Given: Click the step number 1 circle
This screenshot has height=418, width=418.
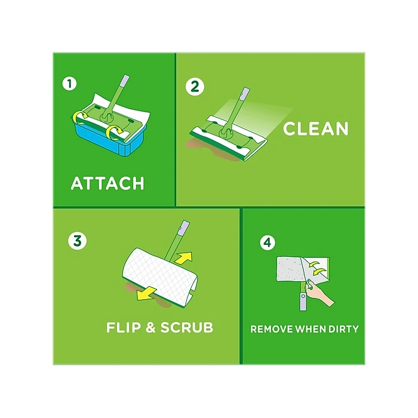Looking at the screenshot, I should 71,84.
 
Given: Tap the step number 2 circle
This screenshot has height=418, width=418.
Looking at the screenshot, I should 193,85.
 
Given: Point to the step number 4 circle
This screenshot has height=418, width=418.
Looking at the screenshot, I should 267,242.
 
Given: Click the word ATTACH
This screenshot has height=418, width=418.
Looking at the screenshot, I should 107,183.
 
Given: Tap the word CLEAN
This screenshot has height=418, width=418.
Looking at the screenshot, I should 315,128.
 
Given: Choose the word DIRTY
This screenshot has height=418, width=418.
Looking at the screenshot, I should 342,329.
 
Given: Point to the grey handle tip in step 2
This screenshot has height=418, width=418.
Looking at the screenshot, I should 243,94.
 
